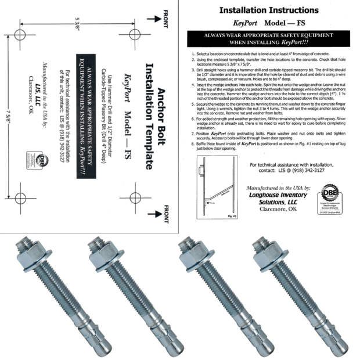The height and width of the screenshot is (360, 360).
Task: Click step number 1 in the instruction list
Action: tap(192, 53)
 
